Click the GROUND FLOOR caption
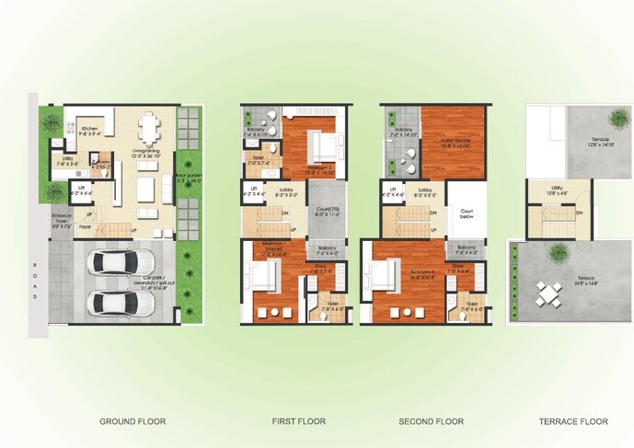(133, 421)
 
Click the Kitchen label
(89, 129)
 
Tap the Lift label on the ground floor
(81, 190)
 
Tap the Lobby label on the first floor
(285, 190)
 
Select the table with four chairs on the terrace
(549, 293)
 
